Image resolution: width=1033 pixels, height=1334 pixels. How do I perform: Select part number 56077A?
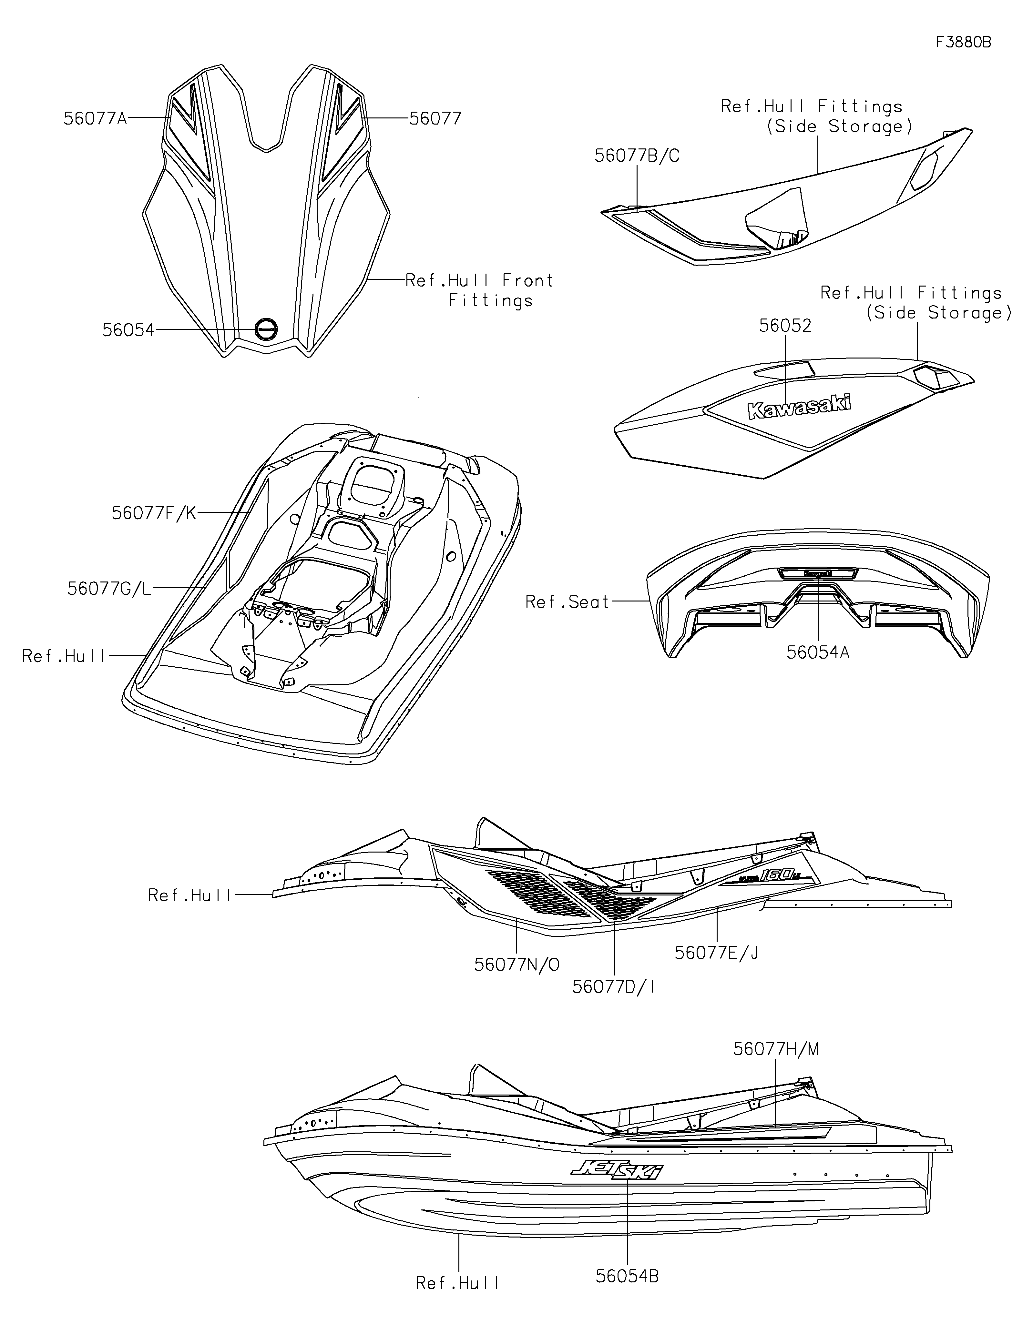(95, 118)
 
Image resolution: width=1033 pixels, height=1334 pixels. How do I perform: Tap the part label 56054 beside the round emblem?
(128, 330)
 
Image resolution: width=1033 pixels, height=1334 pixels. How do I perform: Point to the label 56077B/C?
(637, 157)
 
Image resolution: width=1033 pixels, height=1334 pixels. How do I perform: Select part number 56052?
(785, 326)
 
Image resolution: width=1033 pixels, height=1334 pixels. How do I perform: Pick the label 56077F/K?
(154, 513)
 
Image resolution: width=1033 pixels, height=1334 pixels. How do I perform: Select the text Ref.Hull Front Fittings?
(480, 290)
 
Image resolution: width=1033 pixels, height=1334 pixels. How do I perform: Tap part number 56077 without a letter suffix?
(435, 118)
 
